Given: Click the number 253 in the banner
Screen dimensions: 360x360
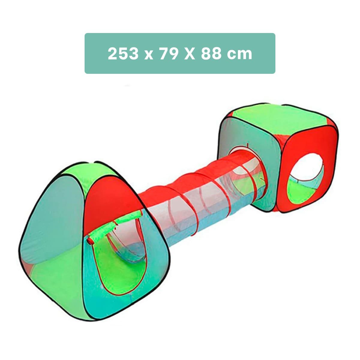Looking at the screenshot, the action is tap(124, 54).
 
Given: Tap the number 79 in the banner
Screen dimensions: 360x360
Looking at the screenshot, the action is tap(168, 54).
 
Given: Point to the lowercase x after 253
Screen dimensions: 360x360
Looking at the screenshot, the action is tap(148, 55).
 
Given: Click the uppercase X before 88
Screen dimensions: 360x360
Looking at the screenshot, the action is tap(190, 54).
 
